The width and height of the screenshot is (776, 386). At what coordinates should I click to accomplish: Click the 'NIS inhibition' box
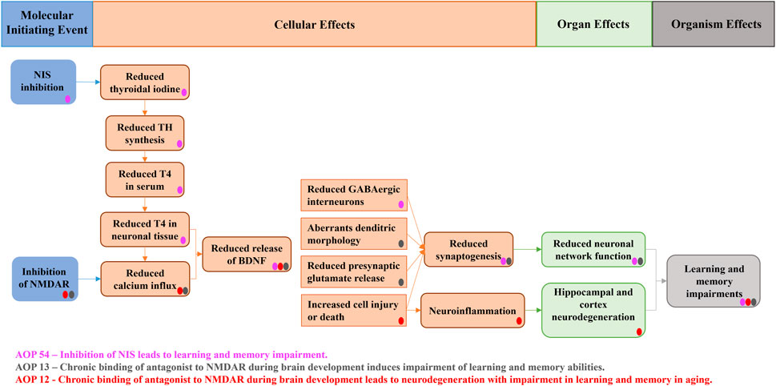(x=43, y=82)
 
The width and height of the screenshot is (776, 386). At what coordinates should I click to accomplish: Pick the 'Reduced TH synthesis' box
(x=145, y=133)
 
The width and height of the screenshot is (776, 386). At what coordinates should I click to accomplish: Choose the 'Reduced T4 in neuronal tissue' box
(x=145, y=228)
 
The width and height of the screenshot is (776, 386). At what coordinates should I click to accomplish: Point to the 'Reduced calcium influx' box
(x=145, y=279)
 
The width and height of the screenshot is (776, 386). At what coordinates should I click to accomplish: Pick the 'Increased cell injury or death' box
(x=353, y=310)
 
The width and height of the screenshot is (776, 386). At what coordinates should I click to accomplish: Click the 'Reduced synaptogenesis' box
(x=468, y=249)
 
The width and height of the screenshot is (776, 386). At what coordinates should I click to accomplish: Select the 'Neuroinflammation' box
(x=473, y=309)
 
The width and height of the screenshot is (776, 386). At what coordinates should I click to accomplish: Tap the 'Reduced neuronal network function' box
(x=593, y=249)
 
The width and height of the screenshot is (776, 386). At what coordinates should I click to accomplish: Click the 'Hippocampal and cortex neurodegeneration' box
(x=593, y=309)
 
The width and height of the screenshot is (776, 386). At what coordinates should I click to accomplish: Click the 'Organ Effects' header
(x=593, y=24)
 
